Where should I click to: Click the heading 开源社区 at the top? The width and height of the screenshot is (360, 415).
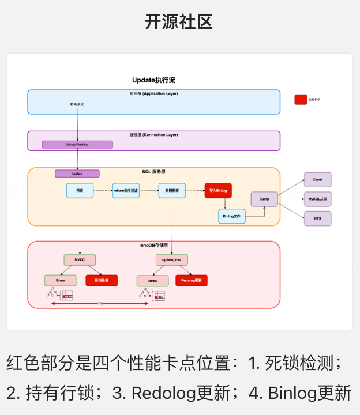[179, 22]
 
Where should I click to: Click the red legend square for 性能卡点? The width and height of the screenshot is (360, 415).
[301, 99]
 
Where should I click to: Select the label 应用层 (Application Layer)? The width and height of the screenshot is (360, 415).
[153, 93]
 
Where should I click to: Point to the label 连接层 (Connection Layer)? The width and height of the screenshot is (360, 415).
[153, 135]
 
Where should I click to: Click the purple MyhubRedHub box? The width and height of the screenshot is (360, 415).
[77, 144]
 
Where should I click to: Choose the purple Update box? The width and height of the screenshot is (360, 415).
[77, 173]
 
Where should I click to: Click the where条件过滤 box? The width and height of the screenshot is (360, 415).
[126, 190]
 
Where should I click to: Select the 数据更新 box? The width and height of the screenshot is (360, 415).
[172, 190]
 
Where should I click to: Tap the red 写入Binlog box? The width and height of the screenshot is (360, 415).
[218, 190]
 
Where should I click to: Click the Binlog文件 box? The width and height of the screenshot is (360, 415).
[232, 216]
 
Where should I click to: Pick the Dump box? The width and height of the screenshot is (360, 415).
[264, 199]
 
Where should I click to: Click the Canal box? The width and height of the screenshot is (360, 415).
[317, 179]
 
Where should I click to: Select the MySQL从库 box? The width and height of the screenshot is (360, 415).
[317, 199]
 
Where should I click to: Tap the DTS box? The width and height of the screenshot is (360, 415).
[317, 218]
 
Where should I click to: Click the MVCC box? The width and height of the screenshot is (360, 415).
[80, 260]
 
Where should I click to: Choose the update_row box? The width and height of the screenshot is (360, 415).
[172, 260]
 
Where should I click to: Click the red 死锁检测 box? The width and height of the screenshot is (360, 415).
[102, 281]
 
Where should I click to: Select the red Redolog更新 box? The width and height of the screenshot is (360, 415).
[192, 281]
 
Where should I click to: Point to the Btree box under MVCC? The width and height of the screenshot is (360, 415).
[61, 281]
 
